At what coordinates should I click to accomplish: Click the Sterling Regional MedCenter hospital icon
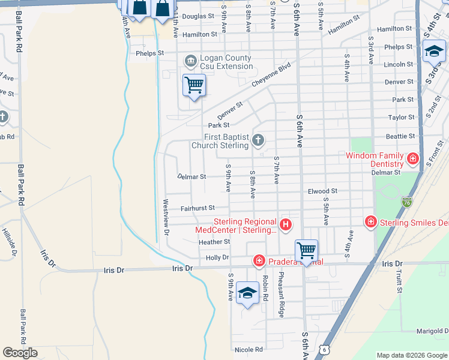[286, 225]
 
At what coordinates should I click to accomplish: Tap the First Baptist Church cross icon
[258, 140]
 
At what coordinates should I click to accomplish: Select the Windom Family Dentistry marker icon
[412, 159]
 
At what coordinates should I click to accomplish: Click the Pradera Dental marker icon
[259, 260]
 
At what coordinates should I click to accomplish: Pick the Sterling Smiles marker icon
[371, 223]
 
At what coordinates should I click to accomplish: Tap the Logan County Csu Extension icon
[191, 61]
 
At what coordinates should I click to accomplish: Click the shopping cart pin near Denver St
[194, 85]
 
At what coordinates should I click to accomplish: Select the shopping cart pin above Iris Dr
[306, 250]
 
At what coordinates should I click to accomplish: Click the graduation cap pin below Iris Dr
[247, 293]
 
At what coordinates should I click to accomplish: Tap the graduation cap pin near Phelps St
[434, 52]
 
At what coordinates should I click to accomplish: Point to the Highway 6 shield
[324, 349]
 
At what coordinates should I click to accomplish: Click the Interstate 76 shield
[407, 202]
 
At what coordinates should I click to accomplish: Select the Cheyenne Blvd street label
[271, 76]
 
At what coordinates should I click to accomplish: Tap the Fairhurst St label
[198, 208]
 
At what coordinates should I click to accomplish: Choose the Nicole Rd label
[249, 349]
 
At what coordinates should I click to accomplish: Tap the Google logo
[20, 353]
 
